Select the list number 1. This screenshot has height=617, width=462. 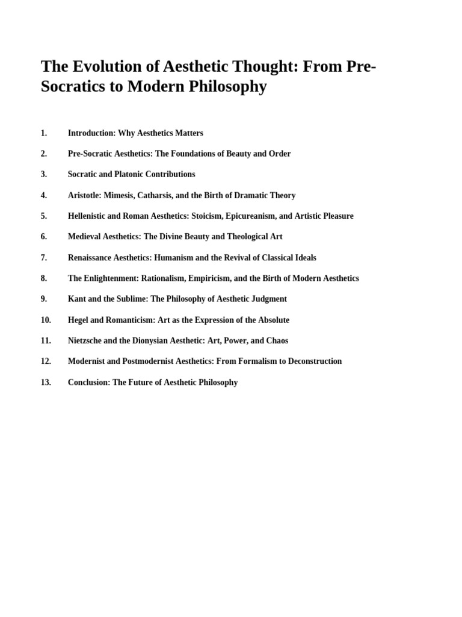pyautogui.click(x=43, y=133)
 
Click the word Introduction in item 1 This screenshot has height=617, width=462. pyautogui.click(x=91, y=133)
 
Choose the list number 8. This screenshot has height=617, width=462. pyautogui.click(x=43, y=278)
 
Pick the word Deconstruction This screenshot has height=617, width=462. pyautogui.click(x=312, y=362)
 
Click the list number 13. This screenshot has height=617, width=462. pyautogui.click(x=46, y=382)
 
